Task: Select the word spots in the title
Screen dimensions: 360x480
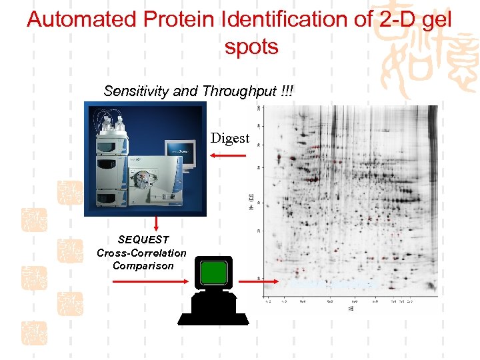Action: tap(251, 47)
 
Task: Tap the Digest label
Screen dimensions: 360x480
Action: tap(229, 139)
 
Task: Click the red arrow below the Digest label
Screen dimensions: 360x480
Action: tap(228, 155)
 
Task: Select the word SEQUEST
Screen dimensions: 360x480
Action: tap(143, 239)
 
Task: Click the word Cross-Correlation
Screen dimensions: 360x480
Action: tap(141, 253)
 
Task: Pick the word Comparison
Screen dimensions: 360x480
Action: tap(143, 265)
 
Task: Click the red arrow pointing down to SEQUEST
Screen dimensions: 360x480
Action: tap(156, 223)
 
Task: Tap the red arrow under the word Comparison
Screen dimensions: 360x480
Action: tap(150, 281)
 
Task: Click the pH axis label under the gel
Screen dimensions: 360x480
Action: tap(349, 309)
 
